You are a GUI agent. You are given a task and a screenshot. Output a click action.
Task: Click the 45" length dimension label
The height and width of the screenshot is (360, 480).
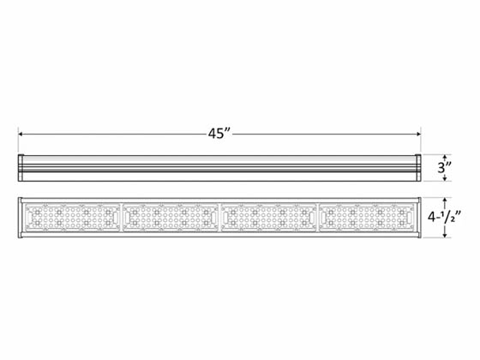click(x=219, y=134)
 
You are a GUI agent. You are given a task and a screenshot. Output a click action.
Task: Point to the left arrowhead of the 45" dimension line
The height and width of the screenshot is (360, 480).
click(x=22, y=134)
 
